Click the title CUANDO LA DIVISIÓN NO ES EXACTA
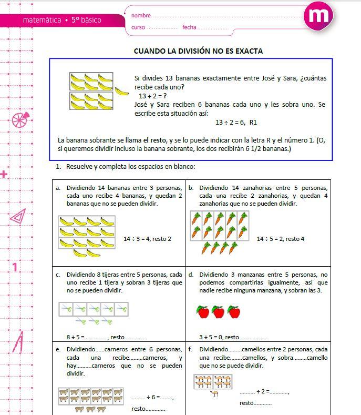(x=198, y=51)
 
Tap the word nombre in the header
(x=141, y=16)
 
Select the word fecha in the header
(x=189, y=27)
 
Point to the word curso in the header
(x=138, y=27)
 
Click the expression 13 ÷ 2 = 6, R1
(x=236, y=123)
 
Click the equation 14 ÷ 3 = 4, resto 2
(x=147, y=239)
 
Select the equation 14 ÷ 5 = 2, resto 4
(x=281, y=239)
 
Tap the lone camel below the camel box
(x=214, y=393)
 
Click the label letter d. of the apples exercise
(x=191, y=275)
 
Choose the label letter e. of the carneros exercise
(x=58, y=349)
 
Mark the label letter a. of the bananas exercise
(x=58, y=188)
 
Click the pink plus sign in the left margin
(x=4, y=174)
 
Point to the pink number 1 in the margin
(x=15, y=267)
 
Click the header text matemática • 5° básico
(x=62, y=20)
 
